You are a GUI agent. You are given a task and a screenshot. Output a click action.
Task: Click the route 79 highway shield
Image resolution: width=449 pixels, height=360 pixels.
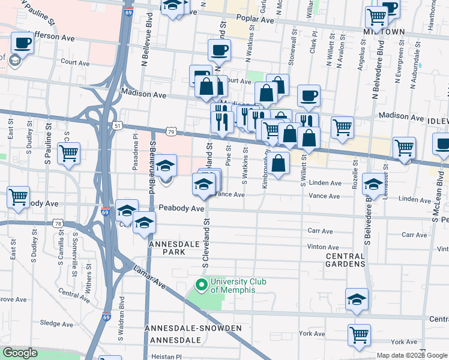click(x=171, y=131)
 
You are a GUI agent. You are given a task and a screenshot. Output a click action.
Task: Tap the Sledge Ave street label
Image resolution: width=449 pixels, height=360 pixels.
click(x=58, y=323)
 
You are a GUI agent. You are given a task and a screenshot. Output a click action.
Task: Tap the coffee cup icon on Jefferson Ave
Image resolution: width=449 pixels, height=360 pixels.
click(x=23, y=43)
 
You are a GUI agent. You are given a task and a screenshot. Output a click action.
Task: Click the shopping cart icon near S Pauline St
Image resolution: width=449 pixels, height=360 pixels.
click(x=68, y=152)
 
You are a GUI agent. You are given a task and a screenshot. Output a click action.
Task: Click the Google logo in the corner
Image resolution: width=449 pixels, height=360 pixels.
click(x=20, y=353)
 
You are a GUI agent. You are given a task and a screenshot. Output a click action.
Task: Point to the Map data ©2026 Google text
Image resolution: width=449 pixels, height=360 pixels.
click(x=411, y=355)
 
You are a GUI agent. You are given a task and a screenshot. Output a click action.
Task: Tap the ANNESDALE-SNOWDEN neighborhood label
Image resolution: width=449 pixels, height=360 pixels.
click(x=193, y=328)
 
